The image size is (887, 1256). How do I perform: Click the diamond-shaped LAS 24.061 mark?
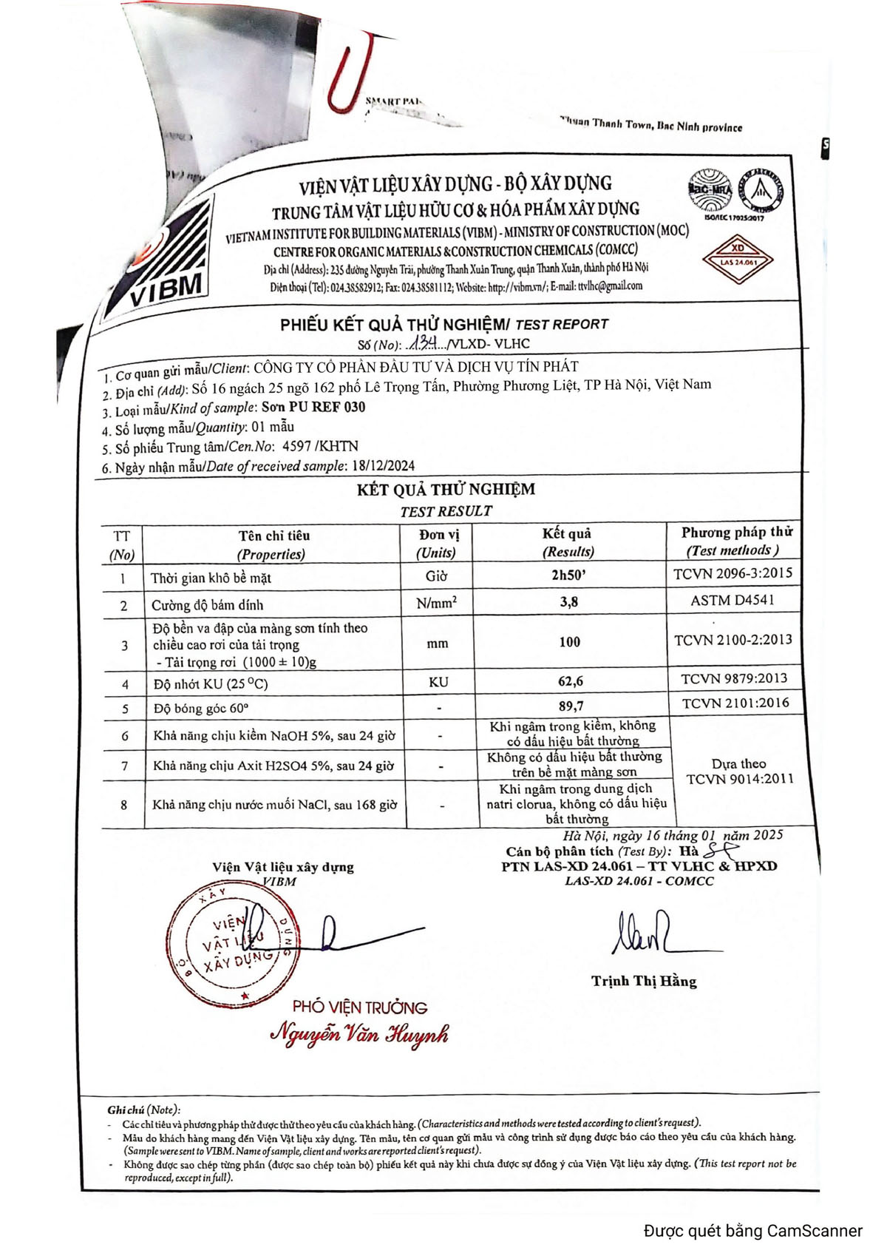pyautogui.click(x=738, y=260)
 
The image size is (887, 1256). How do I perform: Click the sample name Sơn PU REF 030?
pyautogui.click(x=313, y=407)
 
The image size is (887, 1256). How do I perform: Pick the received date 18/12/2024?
pyautogui.click(x=384, y=466)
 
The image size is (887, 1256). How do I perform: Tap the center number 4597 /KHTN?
pyautogui.click(x=320, y=446)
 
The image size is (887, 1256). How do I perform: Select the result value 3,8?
pyautogui.click(x=569, y=602)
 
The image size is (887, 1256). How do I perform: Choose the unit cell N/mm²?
pyautogui.click(x=437, y=603)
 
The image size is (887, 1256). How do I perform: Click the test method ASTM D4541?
pyautogui.click(x=733, y=600)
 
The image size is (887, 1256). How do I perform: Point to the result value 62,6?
pyautogui.click(x=570, y=681)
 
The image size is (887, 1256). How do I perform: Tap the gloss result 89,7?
pyautogui.click(x=571, y=706)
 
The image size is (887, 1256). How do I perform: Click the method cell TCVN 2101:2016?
pyautogui.click(x=735, y=703)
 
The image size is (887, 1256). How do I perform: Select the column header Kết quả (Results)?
pyautogui.click(x=568, y=542)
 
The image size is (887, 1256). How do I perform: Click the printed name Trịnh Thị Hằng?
pyautogui.click(x=644, y=982)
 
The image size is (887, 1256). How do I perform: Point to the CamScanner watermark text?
pyautogui.click(x=752, y=1231)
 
